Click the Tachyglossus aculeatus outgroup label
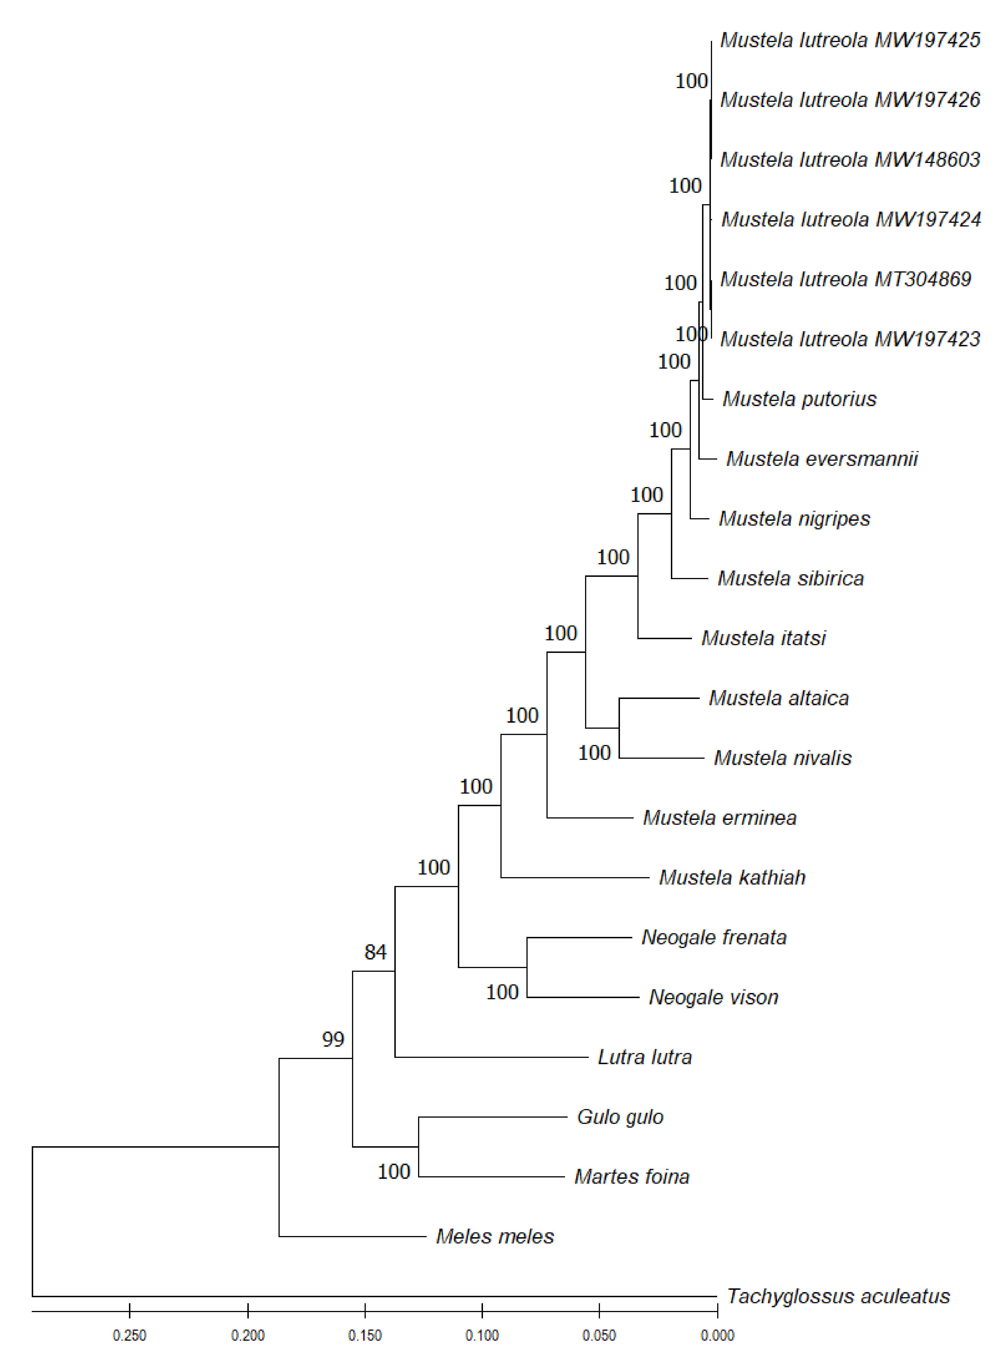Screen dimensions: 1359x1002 click(x=838, y=1296)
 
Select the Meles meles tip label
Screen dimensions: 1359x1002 click(x=495, y=1236)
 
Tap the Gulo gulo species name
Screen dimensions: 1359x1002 click(x=620, y=1116)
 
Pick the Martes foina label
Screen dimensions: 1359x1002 click(x=631, y=1177)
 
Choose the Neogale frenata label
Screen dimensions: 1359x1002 click(x=714, y=937)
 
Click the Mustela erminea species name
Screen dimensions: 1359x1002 click(x=719, y=817)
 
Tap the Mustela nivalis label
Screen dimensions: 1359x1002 click(x=782, y=757)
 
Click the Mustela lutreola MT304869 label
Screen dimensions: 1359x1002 click(x=846, y=279)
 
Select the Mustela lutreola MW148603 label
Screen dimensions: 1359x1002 click(x=850, y=160)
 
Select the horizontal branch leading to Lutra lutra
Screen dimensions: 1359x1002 click(x=491, y=1057)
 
